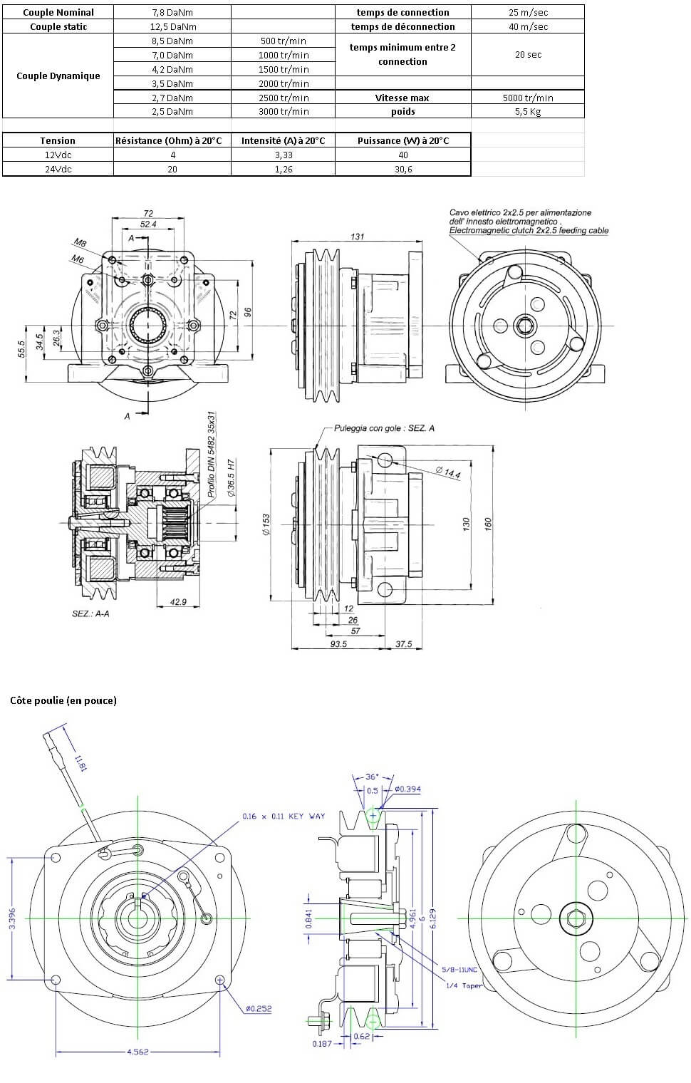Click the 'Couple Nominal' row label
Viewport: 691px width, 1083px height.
click(x=58, y=12)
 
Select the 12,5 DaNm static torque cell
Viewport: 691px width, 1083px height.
click(x=172, y=26)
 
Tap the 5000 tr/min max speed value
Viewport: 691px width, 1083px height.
click(x=528, y=98)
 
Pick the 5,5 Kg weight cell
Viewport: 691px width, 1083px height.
click(x=528, y=112)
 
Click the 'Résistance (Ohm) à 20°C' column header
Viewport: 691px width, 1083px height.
click(x=172, y=140)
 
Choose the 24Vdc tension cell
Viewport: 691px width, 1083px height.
click(x=58, y=169)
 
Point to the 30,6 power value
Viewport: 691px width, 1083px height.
click(x=402, y=169)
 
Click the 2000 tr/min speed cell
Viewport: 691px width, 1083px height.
click(x=284, y=83)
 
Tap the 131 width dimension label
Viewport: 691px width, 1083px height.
click(x=357, y=237)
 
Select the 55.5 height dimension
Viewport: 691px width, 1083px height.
click(x=22, y=349)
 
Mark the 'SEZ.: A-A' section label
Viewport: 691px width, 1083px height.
click(x=90, y=613)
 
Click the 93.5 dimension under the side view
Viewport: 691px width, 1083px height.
click(x=338, y=644)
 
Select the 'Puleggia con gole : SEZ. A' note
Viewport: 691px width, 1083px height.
click(x=384, y=428)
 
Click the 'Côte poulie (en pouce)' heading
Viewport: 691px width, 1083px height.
click(x=63, y=700)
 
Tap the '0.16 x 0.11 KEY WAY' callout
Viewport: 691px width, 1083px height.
click(x=283, y=816)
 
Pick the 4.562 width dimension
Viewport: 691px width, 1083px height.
click(x=137, y=1052)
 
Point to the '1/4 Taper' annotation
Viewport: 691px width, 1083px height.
click(x=463, y=985)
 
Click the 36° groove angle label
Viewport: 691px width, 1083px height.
click(x=372, y=777)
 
